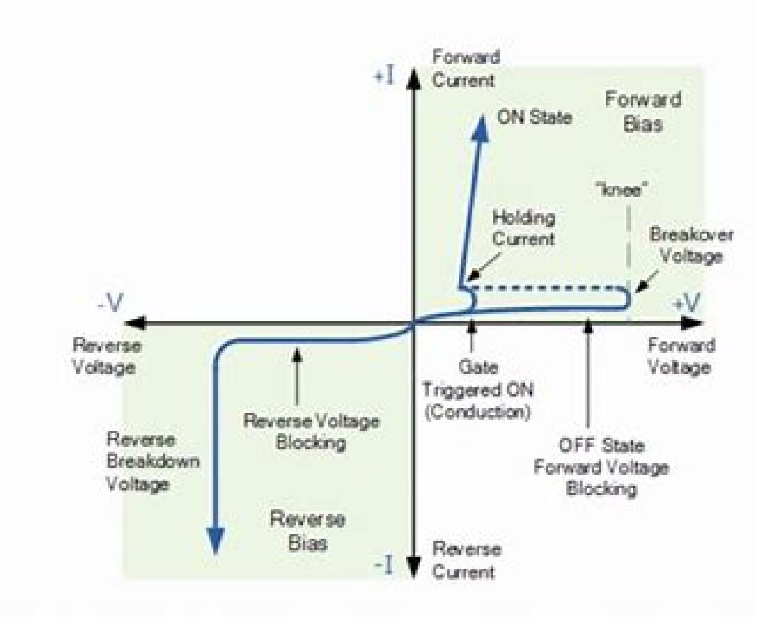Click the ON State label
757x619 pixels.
coord(534,117)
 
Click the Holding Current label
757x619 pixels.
coord(523,228)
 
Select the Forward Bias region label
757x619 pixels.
coord(643,111)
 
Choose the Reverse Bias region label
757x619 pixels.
coord(308,531)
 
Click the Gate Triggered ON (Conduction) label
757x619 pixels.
coord(478,389)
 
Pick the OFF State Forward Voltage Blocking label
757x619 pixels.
coord(601,467)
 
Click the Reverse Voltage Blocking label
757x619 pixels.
coord(312,432)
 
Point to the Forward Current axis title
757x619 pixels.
coord(466,69)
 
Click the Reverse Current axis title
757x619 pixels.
coord(467,560)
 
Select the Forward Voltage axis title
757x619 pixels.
coord(682,356)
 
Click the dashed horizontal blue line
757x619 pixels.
coord(549,288)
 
